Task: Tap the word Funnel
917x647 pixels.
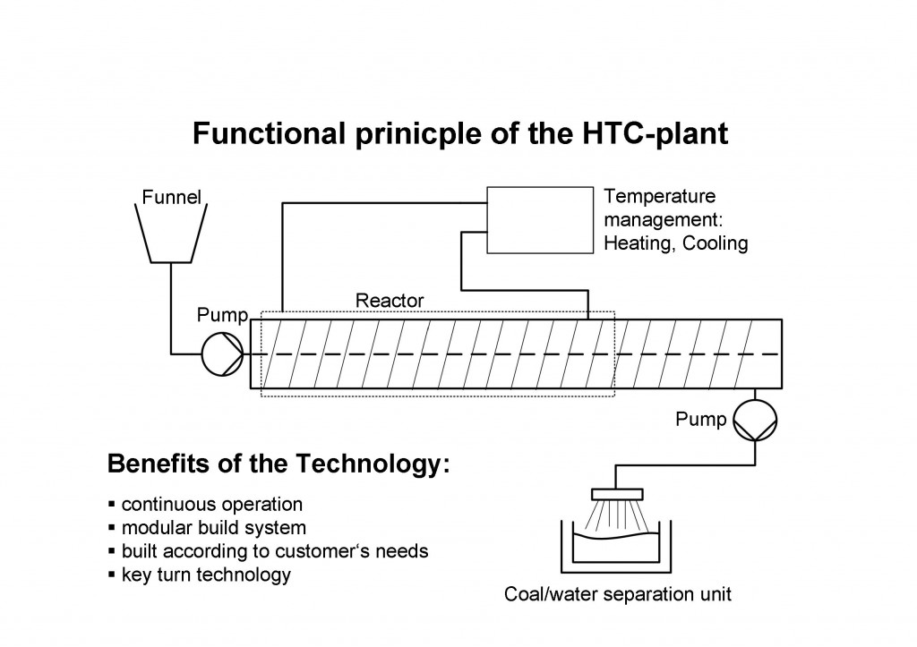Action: [x=172, y=197]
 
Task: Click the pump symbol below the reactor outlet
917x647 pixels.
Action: [x=756, y=418]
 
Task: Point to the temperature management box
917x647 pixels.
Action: [x=540, y=220]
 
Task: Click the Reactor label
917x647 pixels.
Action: [x=390, y=301]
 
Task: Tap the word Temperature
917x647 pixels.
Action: [x=661, y=196]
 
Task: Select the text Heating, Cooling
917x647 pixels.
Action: [x=677, y=243]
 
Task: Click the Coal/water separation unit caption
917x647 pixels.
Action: [x=619, y=594]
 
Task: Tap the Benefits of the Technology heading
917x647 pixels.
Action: [x=278, y=465]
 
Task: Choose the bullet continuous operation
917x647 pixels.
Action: [x=212, y=505]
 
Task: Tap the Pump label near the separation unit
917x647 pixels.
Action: [x=701, y=419]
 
